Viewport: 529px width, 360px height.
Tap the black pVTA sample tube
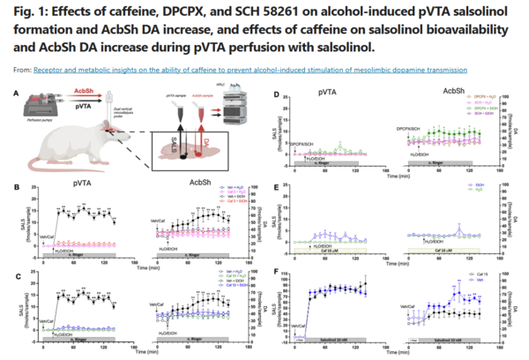point(178,112)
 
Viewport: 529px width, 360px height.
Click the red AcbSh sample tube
point(201,112)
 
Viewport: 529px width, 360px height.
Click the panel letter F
point(279,272)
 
